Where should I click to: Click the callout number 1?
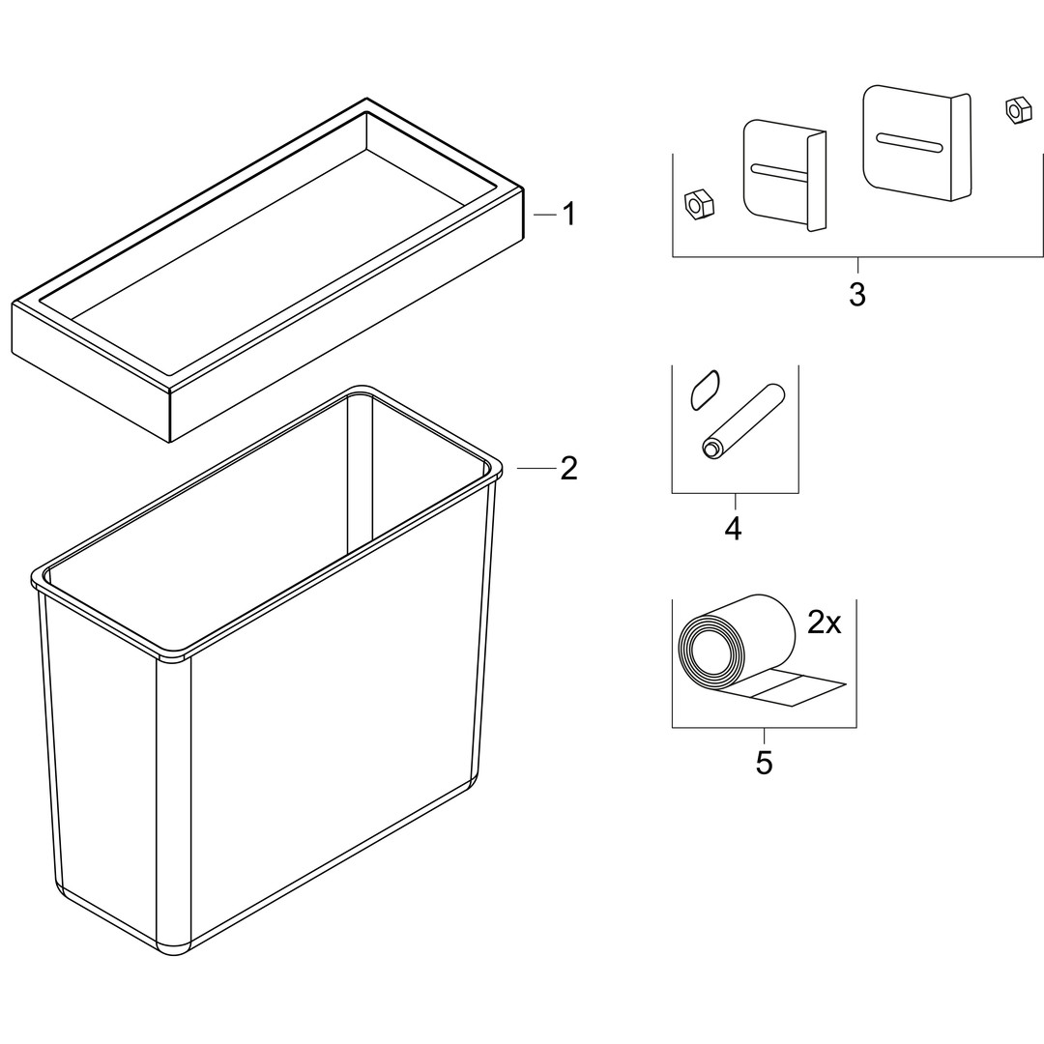coord(568,215)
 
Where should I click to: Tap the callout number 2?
coord(568,469)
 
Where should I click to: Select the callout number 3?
coord(856,294)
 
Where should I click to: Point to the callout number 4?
coord(733,529)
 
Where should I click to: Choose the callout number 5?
coord(764,763)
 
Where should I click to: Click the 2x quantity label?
coord(825,623)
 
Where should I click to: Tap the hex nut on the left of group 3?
coord(699,204)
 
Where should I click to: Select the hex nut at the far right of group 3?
coord(1015,110)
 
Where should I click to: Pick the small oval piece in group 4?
coord(705,391)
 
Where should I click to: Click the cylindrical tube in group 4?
coord(742,420)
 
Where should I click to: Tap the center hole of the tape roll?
coord(705,650)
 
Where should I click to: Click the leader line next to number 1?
coord(544,215)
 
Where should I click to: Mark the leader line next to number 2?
coord(536,469)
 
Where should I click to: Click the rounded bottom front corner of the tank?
coord(174,948)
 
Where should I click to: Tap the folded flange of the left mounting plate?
coord(817,181)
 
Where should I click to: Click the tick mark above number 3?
coord(857,265)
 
